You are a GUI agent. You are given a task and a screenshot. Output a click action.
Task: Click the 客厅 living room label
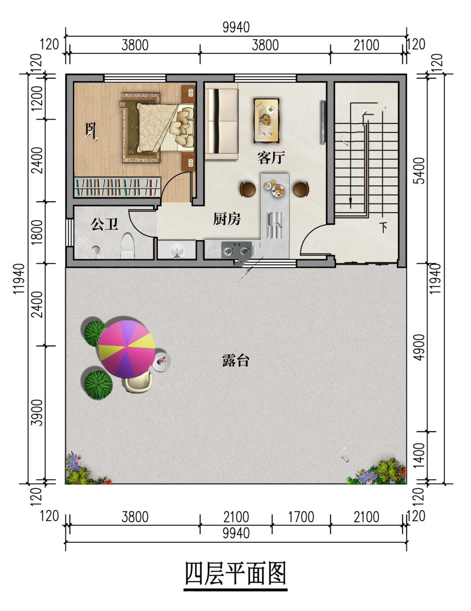point(271,158)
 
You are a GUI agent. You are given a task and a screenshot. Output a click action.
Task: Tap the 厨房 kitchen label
point(226,219)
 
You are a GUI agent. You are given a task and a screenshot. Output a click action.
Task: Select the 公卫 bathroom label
point(105,224)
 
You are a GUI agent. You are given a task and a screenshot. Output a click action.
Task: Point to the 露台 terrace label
point(235,360)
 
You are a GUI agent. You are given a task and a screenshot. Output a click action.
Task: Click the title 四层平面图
point(235,573)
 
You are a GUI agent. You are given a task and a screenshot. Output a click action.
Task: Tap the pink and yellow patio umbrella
point(126,349)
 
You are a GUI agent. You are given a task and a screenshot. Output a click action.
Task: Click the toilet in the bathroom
point(127,245)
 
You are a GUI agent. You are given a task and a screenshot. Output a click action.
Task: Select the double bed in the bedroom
point(158,127)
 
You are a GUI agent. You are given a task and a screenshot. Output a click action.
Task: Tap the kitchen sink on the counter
point(274,225)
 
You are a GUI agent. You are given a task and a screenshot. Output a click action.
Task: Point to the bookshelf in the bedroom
point(117,187)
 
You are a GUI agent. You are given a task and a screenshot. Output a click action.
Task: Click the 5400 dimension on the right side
point(420,170)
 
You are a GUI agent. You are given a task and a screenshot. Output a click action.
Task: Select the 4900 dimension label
point(420,347)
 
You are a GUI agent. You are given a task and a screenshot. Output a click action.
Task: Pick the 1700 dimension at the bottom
point(300,517)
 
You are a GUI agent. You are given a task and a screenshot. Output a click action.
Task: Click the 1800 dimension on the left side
point(38,232)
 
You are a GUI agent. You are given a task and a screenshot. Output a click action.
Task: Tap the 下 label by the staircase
point(383,227)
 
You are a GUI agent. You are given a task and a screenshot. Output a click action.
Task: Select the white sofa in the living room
point(222,124)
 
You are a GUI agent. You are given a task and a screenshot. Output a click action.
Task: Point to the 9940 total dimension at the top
point(236,27)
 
